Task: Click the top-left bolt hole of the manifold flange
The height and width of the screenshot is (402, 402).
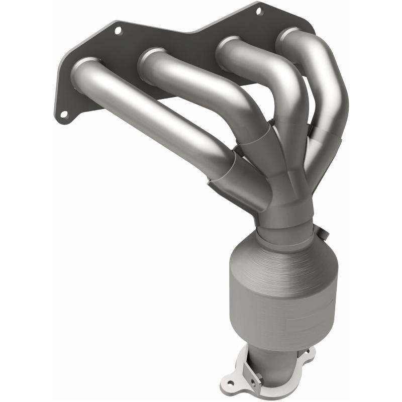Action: [118, 30]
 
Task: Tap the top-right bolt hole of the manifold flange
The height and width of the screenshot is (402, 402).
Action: [259, 10]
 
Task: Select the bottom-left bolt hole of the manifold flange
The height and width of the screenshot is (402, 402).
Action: [64, 115]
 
